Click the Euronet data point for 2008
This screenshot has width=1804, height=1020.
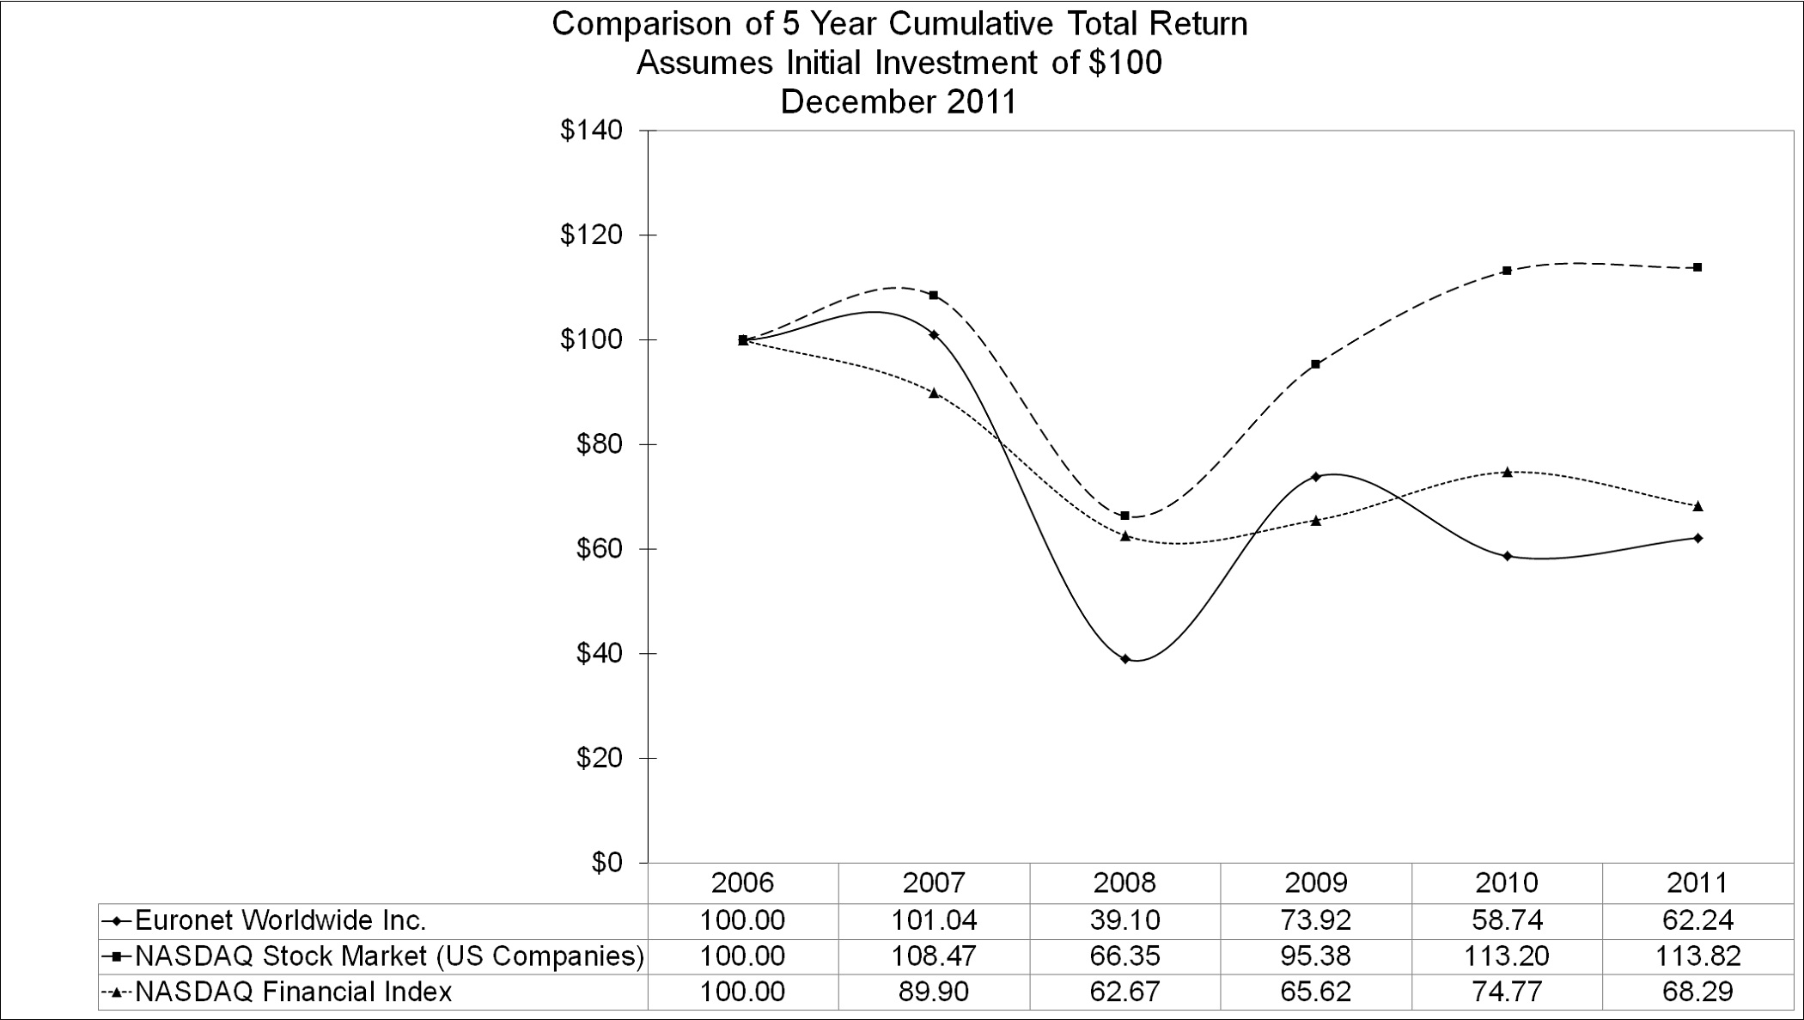[1125, 659]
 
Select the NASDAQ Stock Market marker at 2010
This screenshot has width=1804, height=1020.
[1507, 271]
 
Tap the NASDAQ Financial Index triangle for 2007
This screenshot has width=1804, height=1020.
[934, 393]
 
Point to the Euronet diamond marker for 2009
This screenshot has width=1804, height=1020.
[1315, 476]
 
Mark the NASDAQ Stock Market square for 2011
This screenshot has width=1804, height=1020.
[1697, 267]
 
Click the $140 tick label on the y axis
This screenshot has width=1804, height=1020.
[591, 131]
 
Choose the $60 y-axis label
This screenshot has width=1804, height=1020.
[599, 549]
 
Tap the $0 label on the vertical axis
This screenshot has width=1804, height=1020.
[607, 863]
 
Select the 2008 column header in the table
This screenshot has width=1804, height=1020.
[1125, 883]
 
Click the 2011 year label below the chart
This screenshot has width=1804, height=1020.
[1697, 883]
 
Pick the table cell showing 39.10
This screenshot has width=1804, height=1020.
[1125, 920]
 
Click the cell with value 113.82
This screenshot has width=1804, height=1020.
[1697, 956]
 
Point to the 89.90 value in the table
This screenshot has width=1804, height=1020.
[934, 992]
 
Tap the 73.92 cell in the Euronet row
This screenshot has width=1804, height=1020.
[1315, 920]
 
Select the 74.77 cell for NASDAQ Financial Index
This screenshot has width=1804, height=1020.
[1507, 992]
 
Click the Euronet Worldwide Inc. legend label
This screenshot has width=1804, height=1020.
[280, 920]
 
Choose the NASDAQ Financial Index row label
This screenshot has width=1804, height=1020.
[293, 992]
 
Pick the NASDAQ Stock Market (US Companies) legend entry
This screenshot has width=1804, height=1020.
[389, 956]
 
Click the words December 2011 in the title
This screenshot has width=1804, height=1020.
[898, 101]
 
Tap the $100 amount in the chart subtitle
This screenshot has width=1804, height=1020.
[1124, 63]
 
